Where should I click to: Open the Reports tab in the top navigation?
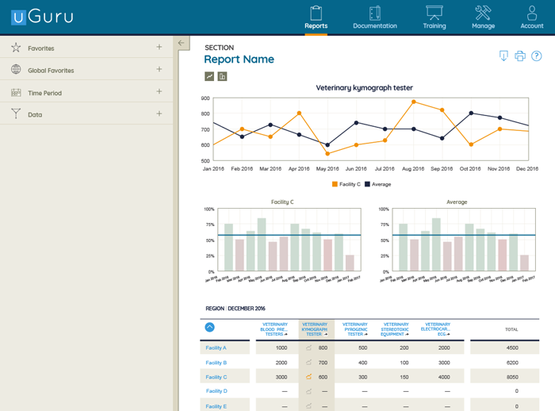pyautogui.click(x=316, y=17)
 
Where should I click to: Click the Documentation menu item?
pyautogui.click(x=375, y=17)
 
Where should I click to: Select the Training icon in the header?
pyautogui.click(x=434, y=17)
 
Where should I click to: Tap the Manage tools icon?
pyautogui.click(x=483, y=17)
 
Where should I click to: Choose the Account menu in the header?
pyautogui.click(x=531, y=17)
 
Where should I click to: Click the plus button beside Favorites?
pyautogui.click(x=159, y=48)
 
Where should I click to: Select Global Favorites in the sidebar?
pyautogui.click(x=51, y=71)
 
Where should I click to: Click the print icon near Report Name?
pyautogui.click(x=520, y=56)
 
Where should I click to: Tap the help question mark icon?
pyautogui.click(x=537, y=56)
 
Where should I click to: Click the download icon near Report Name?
pyautogui.click(x=503, y=56)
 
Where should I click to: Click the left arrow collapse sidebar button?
pyautogui.click(x=182, y=43)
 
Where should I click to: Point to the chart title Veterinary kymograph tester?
pyautogui.click(x=364, y=87)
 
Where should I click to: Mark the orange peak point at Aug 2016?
pyautogui.click(x=414, y=102)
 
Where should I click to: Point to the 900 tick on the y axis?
pyautogui.click(x=205, y=98)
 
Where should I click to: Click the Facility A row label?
pyautogui.click(x=216, y=348)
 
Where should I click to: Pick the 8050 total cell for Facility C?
pyautogui.click(x=511, y=377)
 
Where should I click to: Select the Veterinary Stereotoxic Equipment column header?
pyautogui.click(x=395, y=329)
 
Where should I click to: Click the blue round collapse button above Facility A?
pyautogui.click(x=209, y=327)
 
